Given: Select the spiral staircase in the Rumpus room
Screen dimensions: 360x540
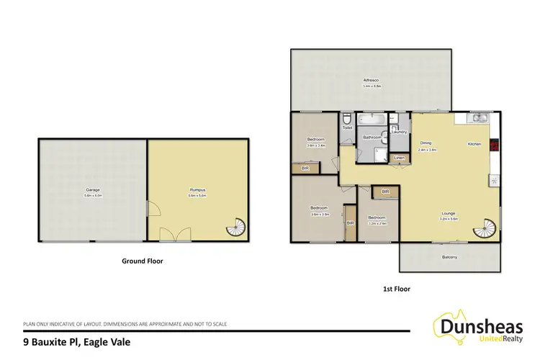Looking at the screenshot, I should coord(236,229).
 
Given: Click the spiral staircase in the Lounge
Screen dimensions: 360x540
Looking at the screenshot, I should coord(484,231).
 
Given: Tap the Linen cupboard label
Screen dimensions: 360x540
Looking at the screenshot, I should coord(399,158).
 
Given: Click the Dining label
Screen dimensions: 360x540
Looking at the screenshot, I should coord(426,143).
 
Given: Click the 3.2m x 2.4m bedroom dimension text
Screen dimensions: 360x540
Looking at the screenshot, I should coord(378,222).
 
